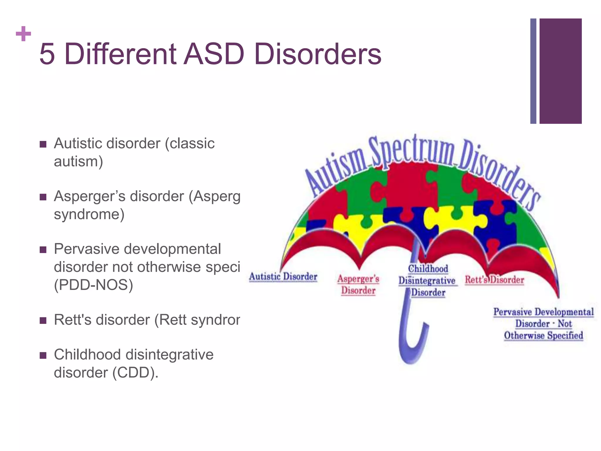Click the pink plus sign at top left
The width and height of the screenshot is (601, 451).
23,34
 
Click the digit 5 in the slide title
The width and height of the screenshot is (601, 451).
47,54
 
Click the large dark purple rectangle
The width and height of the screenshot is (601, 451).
560,71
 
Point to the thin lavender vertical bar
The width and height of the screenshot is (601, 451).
533,71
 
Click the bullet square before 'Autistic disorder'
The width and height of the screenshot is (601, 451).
43,144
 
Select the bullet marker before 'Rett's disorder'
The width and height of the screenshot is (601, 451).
43,320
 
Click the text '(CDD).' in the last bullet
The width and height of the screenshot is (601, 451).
135,373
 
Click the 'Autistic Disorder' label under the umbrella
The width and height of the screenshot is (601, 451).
283,277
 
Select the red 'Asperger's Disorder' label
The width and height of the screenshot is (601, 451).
358,285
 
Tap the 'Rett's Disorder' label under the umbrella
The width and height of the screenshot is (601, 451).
494,280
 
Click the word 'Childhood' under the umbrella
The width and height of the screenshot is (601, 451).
428,269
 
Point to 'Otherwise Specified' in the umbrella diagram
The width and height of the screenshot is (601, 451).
543,336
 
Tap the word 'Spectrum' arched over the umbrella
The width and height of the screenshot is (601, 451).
411,153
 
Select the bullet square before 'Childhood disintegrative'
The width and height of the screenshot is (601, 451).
43,356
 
